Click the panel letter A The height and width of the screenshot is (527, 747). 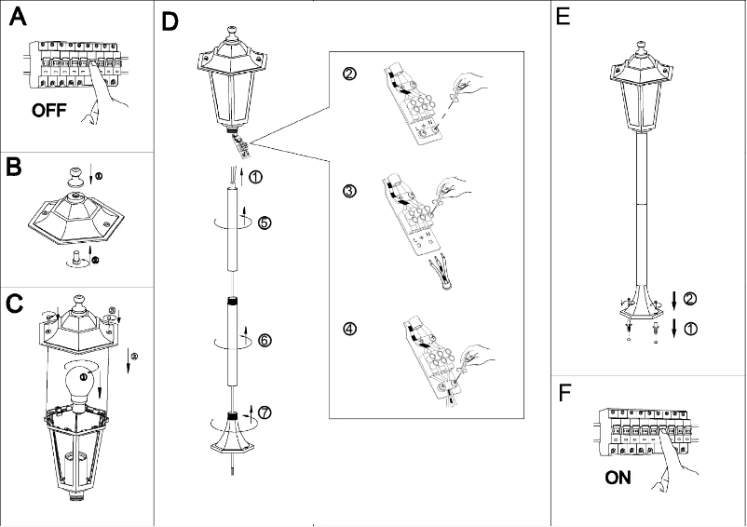pyautogui.click(x=18, y=20)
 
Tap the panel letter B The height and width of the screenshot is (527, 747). pyautogui.click(x=15, y=168)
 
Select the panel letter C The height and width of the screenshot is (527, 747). pyautogui.click(x=15, y=304)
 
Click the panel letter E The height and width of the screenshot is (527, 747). pyautogui.click(x=564, y=17)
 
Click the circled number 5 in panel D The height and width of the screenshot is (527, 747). pyautogui.click(x=265, y=223)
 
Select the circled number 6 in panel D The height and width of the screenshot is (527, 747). pyautogui.click(x=265, y=340)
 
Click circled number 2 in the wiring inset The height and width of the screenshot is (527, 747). pyautogui.click(x=348, y=74)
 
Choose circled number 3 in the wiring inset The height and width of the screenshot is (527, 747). pyautogui.click(x=348, y=192)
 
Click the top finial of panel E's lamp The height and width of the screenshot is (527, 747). pyautogui.click(x=641, y=46)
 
